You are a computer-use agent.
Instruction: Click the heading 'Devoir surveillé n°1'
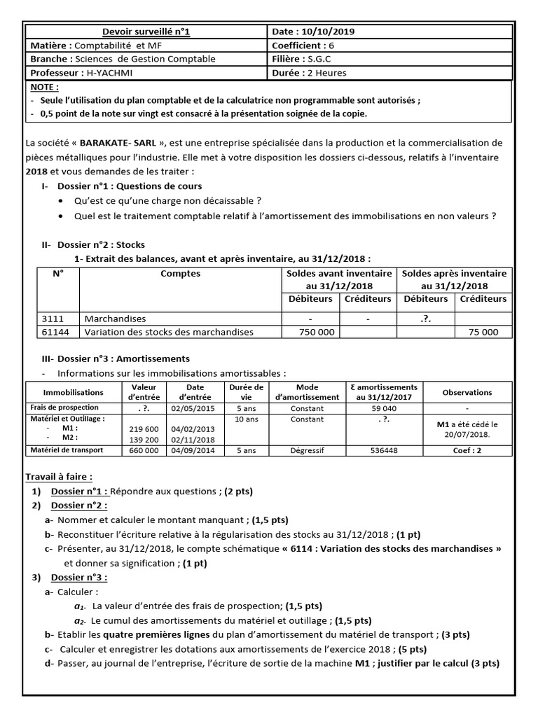pos(146,32)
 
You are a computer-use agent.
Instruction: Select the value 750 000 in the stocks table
pos(317,332)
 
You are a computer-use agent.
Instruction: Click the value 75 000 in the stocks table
pos(484,332)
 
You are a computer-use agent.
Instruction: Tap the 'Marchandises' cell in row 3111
pos(116,319)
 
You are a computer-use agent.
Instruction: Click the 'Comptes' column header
pos(180,274)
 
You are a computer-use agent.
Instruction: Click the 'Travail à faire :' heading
pos(59,476)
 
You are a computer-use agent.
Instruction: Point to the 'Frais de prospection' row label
pos(64,408)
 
